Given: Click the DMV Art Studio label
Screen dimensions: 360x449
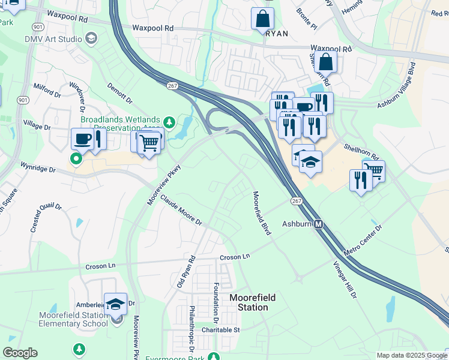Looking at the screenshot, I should tap(53, 40).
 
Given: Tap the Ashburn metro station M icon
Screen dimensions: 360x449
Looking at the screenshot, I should tap(319, 224).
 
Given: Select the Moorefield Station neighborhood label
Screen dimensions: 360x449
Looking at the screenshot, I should tap(249, 302).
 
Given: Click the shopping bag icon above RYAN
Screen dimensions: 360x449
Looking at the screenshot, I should tap(263, 18).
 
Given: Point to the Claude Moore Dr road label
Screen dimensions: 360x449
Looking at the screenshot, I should tap(181, 214).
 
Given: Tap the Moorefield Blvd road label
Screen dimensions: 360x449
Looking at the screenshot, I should tap(262, 214).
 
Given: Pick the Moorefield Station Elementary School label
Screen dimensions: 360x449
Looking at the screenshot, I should tap(73, 319).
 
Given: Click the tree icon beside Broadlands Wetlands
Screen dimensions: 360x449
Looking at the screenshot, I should tap(170, 122).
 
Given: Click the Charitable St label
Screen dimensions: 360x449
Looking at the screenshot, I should tap(220, 329).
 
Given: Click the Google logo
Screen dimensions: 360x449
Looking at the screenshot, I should tap(20, 353).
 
